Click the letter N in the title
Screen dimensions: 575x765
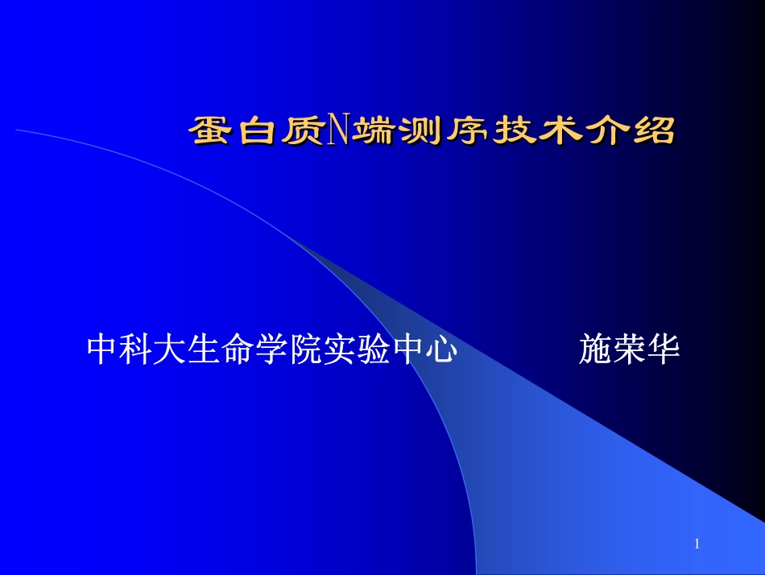pos(338,130)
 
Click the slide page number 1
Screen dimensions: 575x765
pos(697,545)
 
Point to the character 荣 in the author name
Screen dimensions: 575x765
pos(630,350)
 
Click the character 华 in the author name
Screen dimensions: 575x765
pos(664,350)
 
